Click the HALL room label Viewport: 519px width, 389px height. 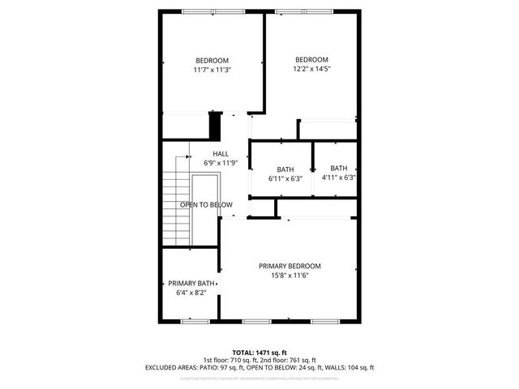pyautogui.click(x=221, y=153)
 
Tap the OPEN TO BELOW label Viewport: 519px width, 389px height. pyautogui.click(x=206, y=205)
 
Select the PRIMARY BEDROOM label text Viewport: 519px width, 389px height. pyautogui.click(x=290, y=266)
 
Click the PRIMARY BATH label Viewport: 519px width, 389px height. pyautogui.click(x=191, y=284)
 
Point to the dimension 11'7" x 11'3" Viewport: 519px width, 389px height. pyautogui.click(x=212, y=70)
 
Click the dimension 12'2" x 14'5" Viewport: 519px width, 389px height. pyautogui.click(x=311, y=69)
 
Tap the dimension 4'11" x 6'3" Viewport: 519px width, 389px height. pyautogui.click(x=338, y=177)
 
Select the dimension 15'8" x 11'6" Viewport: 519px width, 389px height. pyautogui.click(x=290, y=276)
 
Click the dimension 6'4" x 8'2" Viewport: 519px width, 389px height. pyautogui.click(x=191, y=293)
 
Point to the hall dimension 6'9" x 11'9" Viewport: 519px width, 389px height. pyautogui.click(x=221, y=163)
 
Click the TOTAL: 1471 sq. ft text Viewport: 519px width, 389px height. pyautogui.click(x=259, y=351)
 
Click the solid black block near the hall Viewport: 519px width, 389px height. pyautogui.click(x=215, y=126)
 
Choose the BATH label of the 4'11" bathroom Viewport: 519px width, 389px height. pyautogui.click(x=338, y=168)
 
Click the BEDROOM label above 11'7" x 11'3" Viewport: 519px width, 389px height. pyautogui.click(x=212, y=60)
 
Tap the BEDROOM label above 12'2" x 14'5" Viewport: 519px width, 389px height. pyautogui.click(x=311, y=59)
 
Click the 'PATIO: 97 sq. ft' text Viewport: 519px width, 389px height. pyautogui.click(x=233, y=367)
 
